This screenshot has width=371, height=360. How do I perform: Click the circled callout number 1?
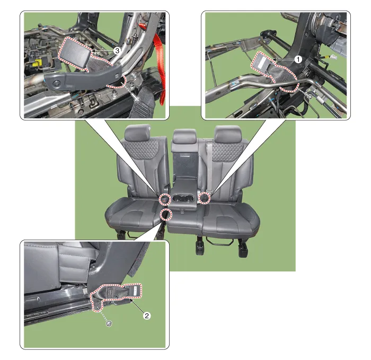coord(298,59)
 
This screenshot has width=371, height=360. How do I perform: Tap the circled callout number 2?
coord(147,315)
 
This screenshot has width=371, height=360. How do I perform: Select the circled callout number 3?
coord(117,50)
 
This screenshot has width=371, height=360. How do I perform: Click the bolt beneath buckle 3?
coord(137,99)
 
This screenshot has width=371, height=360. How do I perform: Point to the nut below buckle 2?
coord(109,323)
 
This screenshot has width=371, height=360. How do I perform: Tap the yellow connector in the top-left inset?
coord(38,63)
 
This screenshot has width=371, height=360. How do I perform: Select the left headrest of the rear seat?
coord(137,133)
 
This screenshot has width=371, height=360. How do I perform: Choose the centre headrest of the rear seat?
coord(185,136)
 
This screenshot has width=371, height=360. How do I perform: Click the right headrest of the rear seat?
coord(228,134)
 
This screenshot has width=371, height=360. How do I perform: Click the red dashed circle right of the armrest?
coord(204,198)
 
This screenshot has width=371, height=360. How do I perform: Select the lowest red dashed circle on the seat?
coord(166,214)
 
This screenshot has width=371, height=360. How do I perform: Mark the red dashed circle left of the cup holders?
coord(165,199)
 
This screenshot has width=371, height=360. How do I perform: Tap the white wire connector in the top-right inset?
coord(333,57)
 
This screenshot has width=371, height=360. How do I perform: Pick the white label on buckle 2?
coord(135,290)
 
